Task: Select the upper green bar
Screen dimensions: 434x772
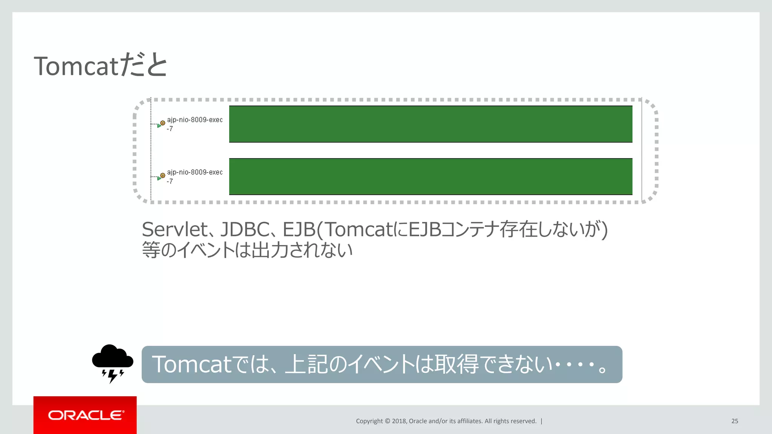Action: coord(430,124)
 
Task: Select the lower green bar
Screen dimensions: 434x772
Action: coord(430,176)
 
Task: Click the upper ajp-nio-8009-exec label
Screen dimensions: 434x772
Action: coord(195,120)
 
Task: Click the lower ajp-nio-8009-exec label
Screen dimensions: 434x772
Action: coord(195,172)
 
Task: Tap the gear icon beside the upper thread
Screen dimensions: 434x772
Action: coord(162,123)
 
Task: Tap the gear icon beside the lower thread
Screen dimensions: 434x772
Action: coord(162,175)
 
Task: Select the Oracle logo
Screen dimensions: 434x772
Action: coord(85,415)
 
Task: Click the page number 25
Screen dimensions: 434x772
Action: coord(734,421)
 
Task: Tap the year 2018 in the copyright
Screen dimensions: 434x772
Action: coord(399,421)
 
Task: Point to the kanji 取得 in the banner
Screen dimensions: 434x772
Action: coord(456,364)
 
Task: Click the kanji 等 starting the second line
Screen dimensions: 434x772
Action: coord(151,250)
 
